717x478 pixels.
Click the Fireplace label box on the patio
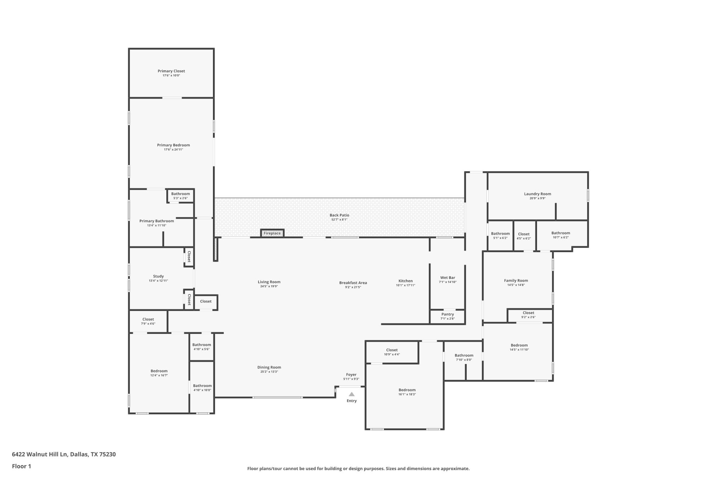272,233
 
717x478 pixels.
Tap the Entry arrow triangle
352,394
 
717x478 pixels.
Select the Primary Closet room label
171,71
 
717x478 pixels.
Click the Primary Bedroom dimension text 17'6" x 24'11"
174,150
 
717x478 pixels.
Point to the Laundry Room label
537,194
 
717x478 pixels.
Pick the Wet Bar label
447,278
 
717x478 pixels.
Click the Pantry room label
447,314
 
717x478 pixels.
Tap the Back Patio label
339,215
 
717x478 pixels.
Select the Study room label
158,276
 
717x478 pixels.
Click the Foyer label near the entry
351,374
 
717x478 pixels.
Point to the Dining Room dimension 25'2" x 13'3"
269,371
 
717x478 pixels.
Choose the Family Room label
516,280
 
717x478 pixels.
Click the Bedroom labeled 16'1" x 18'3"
407,390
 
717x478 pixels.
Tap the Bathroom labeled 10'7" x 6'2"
560,233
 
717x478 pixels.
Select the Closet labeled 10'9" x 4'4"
392,350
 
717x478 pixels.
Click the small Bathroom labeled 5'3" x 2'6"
180,194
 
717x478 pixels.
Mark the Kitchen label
405,281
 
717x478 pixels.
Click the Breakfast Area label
353,283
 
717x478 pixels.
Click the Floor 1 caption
22,466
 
